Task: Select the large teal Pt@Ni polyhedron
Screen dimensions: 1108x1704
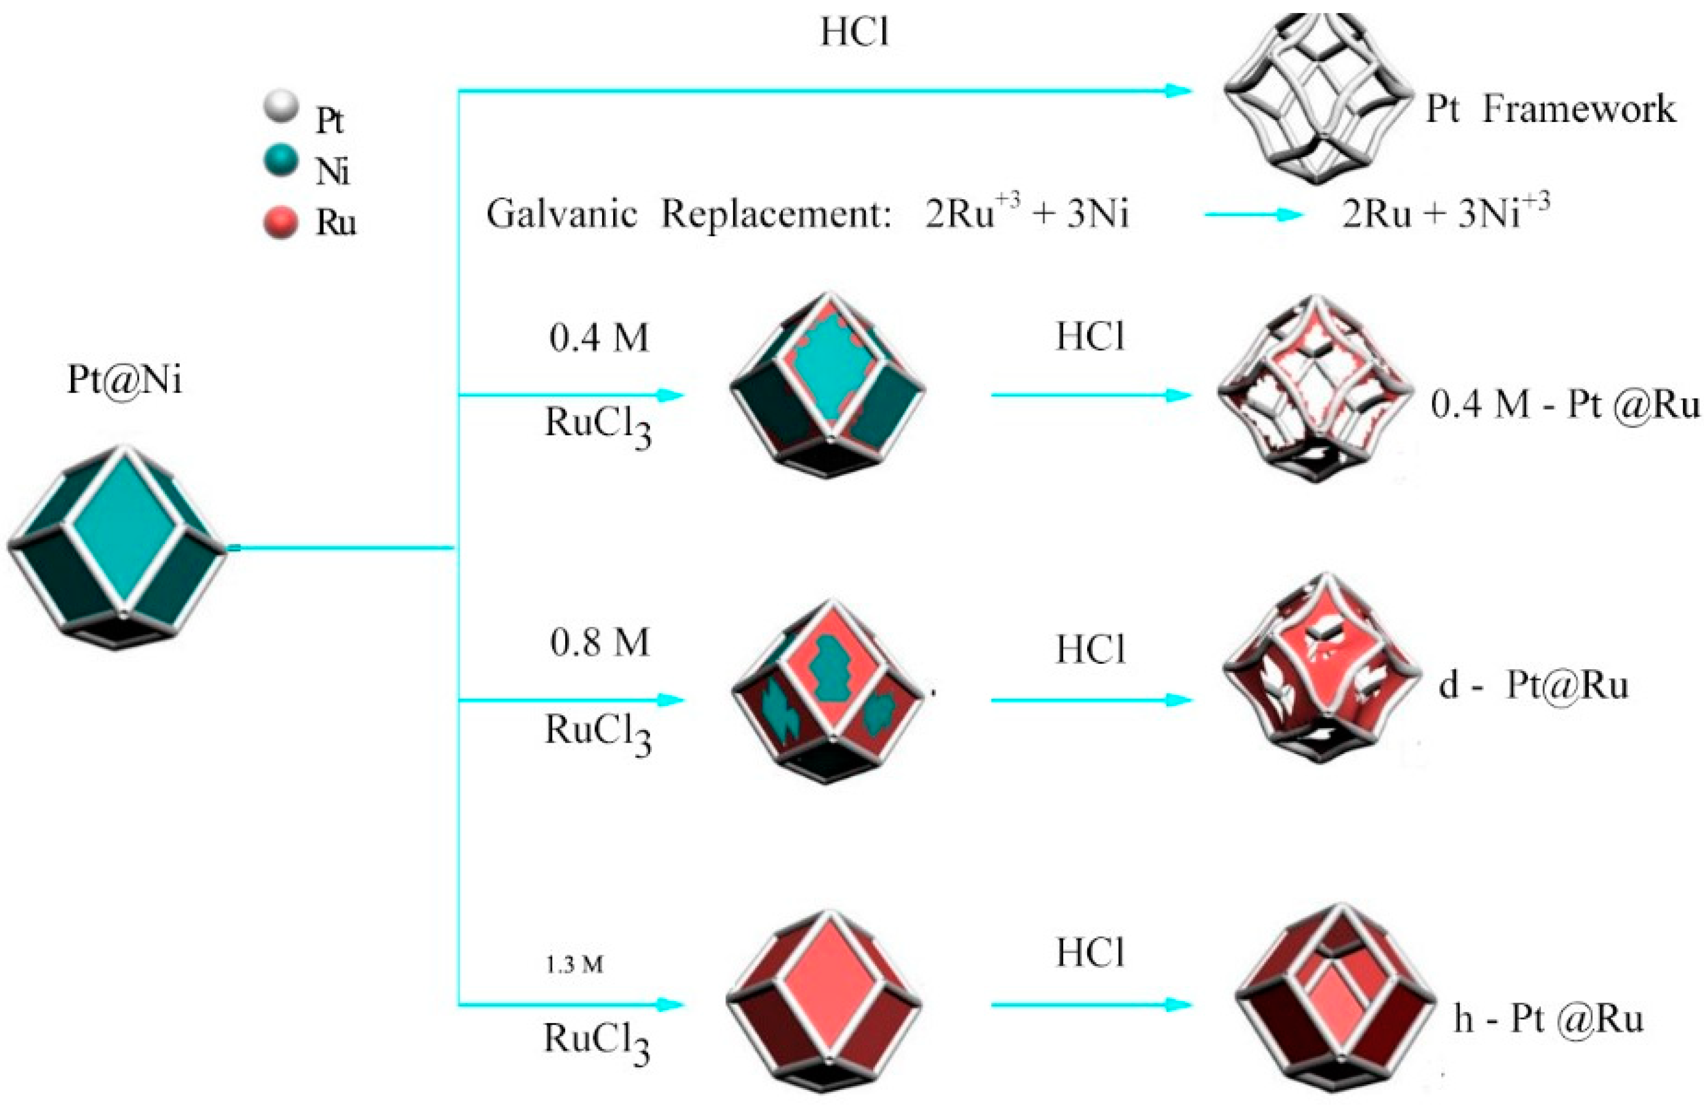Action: (118, 548)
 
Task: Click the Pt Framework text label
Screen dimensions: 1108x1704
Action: (1551, 109)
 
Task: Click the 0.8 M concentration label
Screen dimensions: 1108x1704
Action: (600, 642)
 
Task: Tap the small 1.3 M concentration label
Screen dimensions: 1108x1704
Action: (575, 965)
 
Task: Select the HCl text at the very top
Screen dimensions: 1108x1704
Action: (855, 32)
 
